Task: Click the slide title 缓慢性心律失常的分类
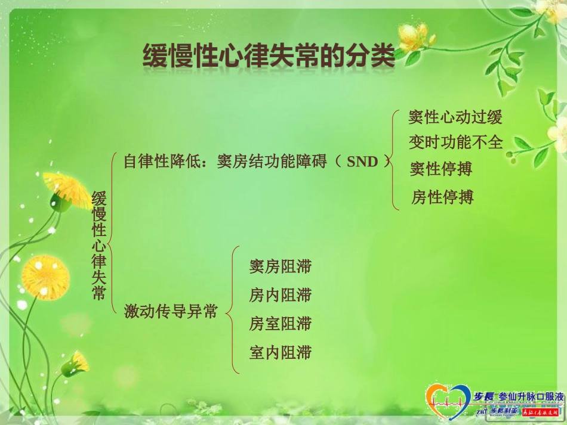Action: point(268,58)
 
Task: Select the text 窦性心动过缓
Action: point(455,117)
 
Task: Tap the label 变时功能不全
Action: point(456,142)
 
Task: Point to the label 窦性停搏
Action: point(440,169)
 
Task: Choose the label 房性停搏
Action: point(442,197)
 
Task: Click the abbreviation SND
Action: point(363,161)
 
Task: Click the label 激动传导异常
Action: point(170,311)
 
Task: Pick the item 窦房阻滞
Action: point(280,266)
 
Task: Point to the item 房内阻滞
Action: point(280,294)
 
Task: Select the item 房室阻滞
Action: point(280,324)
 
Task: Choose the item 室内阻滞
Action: point(280,352)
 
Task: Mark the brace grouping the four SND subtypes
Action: point(394,160)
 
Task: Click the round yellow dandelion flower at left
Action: point(45,277)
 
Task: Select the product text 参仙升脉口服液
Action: point(526,397)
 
